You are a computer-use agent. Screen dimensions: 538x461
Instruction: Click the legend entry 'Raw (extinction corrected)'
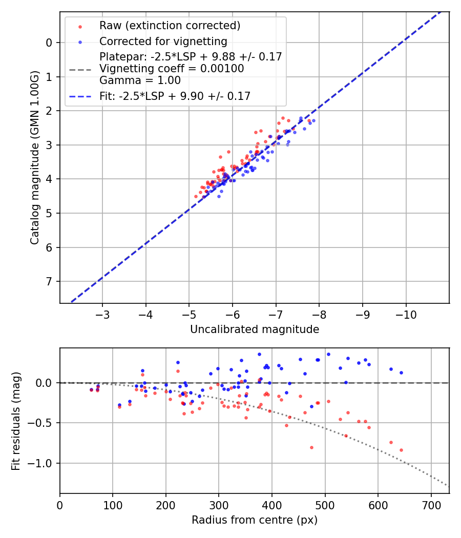point(170,26)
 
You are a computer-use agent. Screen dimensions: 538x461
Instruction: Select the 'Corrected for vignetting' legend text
point(163,41)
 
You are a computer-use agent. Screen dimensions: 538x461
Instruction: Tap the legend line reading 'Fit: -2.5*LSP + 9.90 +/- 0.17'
point(175,96)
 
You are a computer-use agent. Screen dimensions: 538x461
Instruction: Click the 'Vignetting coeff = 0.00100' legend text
point(172,68)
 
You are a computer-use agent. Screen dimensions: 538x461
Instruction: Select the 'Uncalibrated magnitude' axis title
point(255,329)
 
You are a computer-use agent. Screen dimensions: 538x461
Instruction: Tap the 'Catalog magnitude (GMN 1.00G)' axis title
point(34,157)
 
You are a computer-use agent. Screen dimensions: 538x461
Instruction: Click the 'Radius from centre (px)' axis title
point(255,520)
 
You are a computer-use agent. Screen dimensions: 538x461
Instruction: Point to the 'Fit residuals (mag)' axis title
point(16,421)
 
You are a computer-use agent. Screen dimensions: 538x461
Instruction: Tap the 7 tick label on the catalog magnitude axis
point(49,282)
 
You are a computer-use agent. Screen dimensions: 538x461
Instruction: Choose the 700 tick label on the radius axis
point(431,505)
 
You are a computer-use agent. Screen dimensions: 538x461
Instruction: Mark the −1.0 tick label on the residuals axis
point(44,463)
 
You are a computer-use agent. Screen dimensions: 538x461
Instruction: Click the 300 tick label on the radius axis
point(219,505)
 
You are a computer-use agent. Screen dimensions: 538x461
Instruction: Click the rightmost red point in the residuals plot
point(401,450)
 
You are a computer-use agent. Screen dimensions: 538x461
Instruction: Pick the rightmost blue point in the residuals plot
point(401,373)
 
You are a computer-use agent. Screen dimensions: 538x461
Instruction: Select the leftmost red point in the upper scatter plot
point(196,196)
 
